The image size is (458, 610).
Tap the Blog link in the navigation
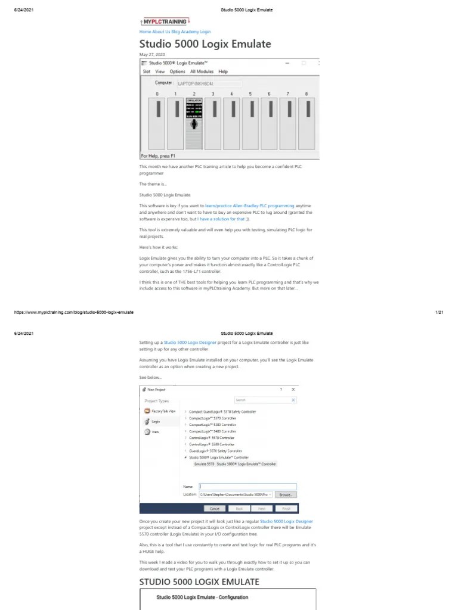176,32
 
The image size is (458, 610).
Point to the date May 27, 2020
152,54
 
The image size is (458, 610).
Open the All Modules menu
201,71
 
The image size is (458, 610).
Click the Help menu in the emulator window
223,71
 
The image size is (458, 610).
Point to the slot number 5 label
250,94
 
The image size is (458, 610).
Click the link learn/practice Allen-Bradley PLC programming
250,205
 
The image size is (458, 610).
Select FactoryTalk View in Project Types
163,412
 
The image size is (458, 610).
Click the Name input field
247,486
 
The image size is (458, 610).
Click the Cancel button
215,509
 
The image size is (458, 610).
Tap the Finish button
286,509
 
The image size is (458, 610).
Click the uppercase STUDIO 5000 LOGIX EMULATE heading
199,581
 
